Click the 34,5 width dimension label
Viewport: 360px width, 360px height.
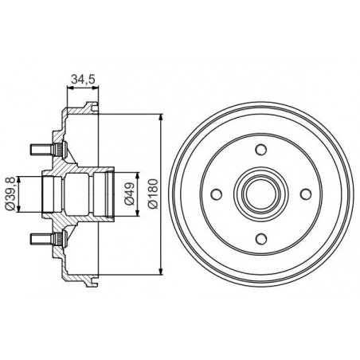pyautogui.click(x=83, y=79)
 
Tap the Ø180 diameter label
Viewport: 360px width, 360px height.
pyautogui.click(x=153, y=194)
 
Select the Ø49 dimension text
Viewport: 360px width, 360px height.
pyautogui.click(x=130, y=194)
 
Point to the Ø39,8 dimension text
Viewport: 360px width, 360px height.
pyautogui.click(x=10, y=194)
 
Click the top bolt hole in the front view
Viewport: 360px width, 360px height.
pyautogui.click(x=260, y=149)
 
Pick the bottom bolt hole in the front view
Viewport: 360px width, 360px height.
pyautogui.click(x=260, y=238)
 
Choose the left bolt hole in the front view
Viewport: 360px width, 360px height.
pyautogui.click(x=217, y=194)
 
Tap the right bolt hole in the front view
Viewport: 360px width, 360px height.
pyautogui.click(x=305, y=194)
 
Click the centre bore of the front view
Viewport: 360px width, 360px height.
pyautogui.click(x=260, y=194)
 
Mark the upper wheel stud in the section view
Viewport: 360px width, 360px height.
pyautogui.click(x=48, y=150)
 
